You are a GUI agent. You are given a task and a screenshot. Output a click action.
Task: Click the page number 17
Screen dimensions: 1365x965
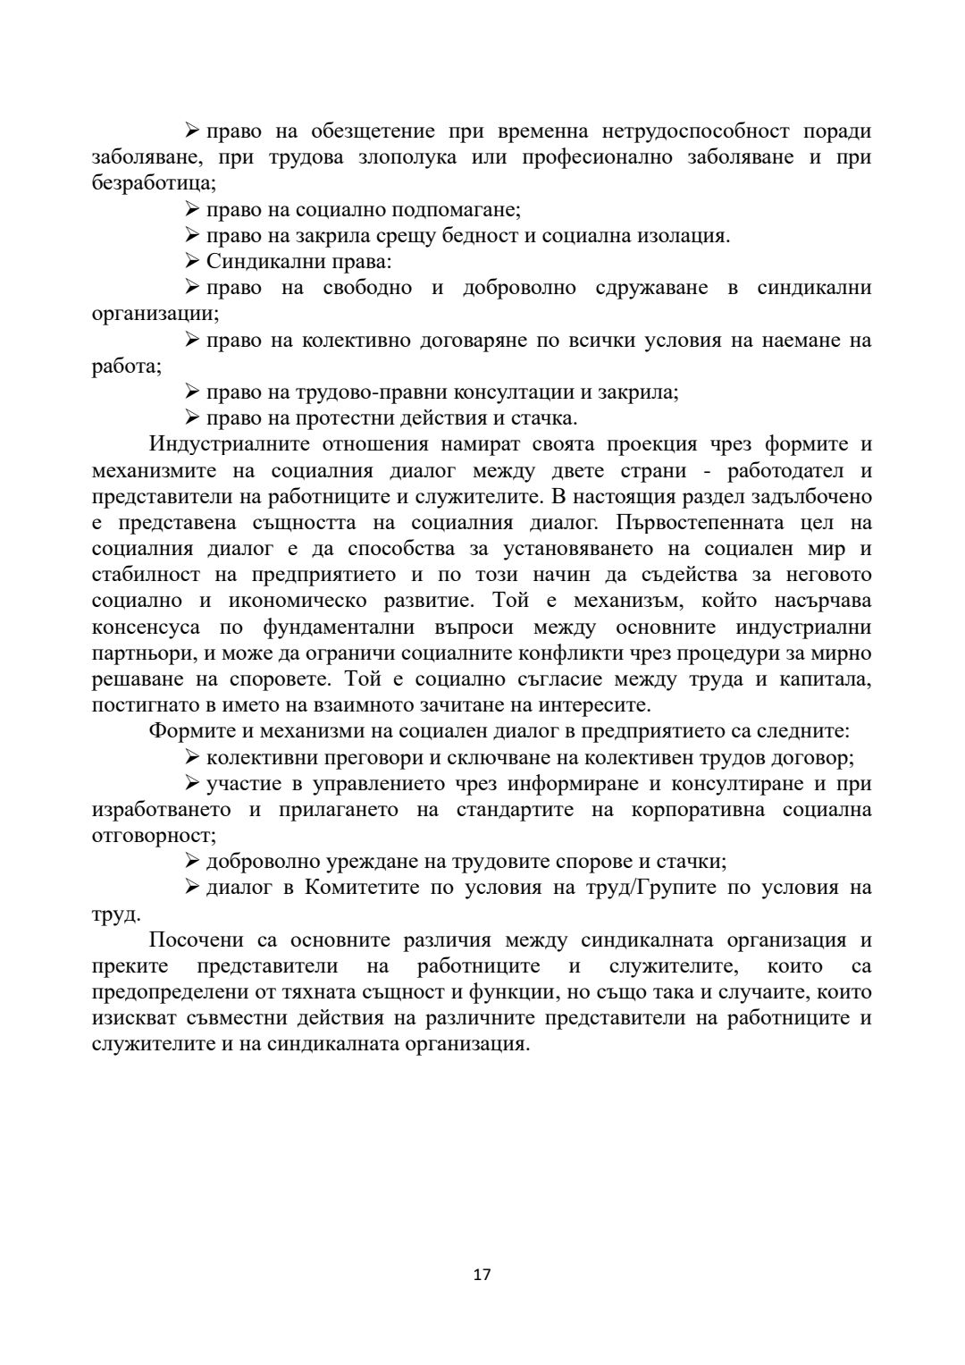pyautogui.click(x=482, y=1275)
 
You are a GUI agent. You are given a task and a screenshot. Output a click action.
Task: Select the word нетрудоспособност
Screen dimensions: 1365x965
pyautogui.click(x=684, y=131)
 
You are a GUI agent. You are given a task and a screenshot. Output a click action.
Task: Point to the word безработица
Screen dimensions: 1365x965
pyautogui.click(x=152, y=184)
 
